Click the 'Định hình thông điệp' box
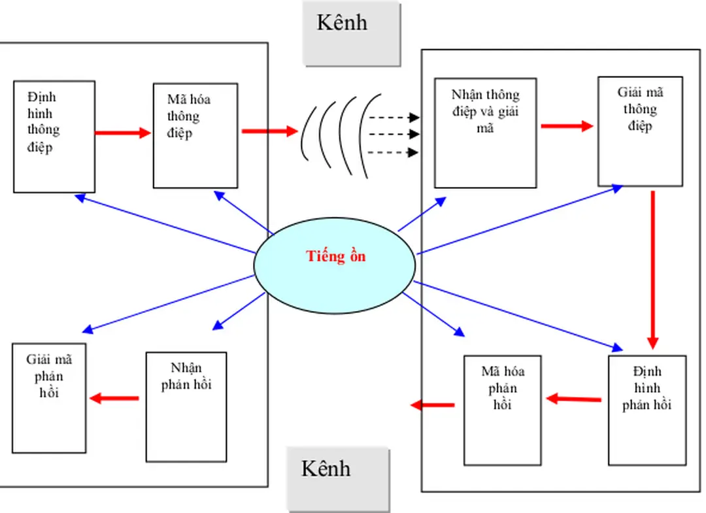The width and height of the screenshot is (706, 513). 54,137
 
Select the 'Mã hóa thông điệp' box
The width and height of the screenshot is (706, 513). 195,135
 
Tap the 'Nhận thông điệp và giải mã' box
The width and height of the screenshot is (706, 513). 485,133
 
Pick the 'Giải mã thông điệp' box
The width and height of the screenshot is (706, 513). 640,131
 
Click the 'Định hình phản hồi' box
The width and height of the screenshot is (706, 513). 647,410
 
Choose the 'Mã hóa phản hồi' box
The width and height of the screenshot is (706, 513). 502,410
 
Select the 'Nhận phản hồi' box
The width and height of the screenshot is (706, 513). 186,406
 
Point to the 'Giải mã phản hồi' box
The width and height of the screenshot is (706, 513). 49,397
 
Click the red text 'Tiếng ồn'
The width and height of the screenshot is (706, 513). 336,256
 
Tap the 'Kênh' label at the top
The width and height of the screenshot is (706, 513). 351,33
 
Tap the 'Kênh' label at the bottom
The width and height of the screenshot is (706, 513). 337,478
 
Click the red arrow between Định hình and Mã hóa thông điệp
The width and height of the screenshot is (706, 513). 123,133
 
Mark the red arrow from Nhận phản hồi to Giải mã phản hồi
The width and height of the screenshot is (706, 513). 114,398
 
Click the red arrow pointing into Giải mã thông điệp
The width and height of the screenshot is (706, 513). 567,125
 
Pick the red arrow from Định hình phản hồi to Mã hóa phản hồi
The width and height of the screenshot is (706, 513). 573,398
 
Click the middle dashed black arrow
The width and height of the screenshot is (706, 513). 394,135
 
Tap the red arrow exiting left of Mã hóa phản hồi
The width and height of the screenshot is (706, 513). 432,405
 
